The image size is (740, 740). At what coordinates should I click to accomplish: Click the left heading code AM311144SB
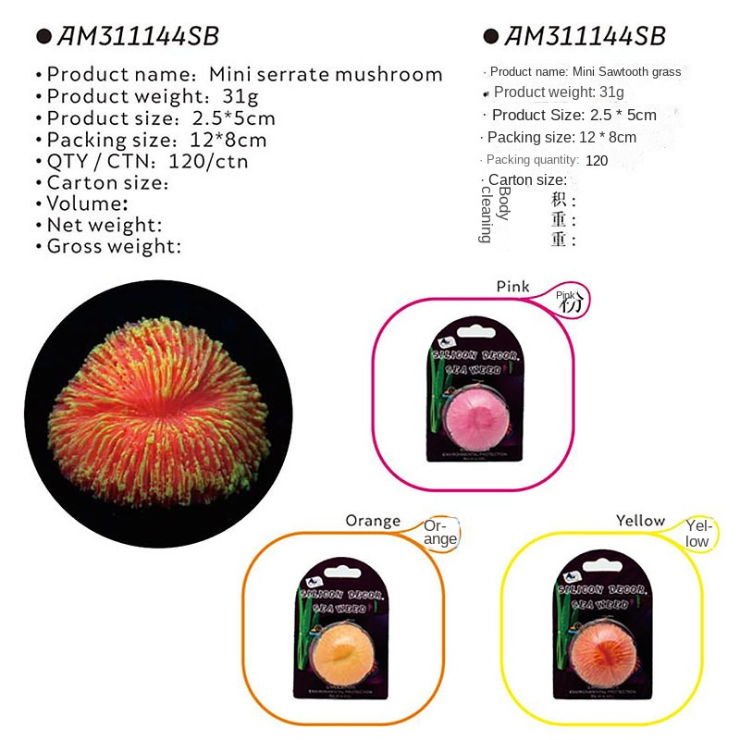[x=138, y=36]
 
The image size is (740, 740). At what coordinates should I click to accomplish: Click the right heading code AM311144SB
[x=586, y=36]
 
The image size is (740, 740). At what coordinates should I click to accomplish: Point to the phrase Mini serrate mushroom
[x=327, y=75]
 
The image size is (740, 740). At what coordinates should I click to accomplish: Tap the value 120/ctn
[x=208, y=161]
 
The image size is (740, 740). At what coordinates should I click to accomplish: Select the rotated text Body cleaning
[x=494, y=214]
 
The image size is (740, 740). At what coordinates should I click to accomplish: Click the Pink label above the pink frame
[x=512, y=287]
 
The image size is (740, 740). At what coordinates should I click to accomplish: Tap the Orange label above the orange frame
[x=373, y=521]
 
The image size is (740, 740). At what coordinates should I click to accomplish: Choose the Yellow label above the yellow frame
[x=640, y=521]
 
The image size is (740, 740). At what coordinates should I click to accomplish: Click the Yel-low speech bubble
[x=697, y=534]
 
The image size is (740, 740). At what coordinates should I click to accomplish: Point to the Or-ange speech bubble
[x=440, y=533]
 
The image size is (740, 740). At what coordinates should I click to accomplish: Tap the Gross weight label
[x=113, y=246]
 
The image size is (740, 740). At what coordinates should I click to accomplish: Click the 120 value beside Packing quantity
[x=597, y=160]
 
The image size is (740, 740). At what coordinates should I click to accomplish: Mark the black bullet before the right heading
[x=491, y=37]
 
